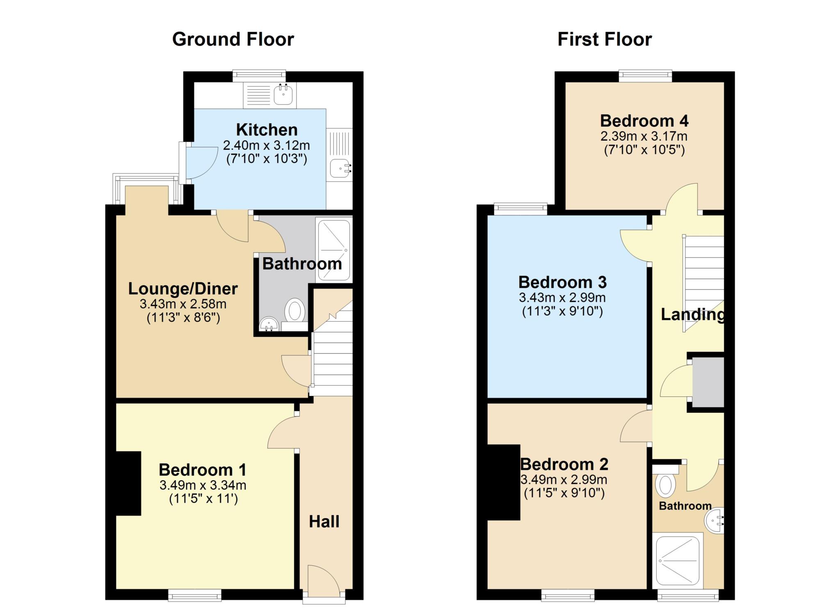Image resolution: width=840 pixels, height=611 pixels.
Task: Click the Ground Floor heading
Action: pos(233,39)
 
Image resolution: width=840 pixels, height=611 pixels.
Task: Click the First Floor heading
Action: pos(605,39)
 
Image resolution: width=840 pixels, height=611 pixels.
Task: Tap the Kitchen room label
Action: pos(267,130)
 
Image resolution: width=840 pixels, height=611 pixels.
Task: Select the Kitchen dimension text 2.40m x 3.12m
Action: pos(267,145)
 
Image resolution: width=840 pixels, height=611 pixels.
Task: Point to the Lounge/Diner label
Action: pos(183,289)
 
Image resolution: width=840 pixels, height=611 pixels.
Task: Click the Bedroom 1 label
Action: pos(203,470)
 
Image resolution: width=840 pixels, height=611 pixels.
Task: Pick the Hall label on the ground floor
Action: pos(324,522)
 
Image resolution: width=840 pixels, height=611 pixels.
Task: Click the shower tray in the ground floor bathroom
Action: pos(334,250)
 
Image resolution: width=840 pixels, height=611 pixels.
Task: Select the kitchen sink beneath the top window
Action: pos(283,95)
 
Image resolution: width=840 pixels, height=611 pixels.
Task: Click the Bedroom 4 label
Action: pos(644,121)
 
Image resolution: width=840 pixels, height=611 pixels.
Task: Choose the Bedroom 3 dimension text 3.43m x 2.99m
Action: pos(562,297)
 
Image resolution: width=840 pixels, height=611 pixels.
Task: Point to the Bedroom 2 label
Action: pos(564,465)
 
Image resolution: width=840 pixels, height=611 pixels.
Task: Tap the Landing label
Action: pos(692,315)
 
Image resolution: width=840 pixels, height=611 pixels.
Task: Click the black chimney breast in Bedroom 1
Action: pos(128,483)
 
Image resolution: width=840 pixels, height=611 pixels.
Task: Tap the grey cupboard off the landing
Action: pos(708,382)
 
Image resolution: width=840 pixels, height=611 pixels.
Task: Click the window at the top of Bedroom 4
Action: pos(645,75)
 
